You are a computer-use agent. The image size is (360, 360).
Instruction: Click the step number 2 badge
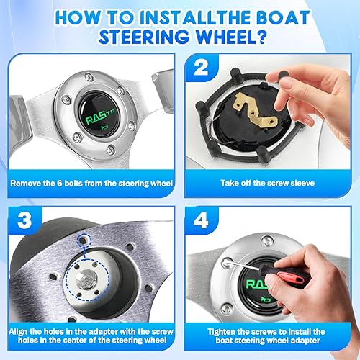click(201, 68)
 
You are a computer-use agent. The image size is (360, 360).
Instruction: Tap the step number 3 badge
click(24, 220)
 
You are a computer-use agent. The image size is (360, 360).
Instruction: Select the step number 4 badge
click(201, 220)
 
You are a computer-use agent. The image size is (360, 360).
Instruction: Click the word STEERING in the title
click(144, 37)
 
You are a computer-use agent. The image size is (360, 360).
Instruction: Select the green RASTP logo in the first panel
click(100, 117)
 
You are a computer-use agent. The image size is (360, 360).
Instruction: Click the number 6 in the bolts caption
click(60, 184)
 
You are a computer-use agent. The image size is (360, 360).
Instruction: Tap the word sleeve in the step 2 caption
click(302, 184)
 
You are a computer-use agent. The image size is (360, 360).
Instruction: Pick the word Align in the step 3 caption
click(19, 332)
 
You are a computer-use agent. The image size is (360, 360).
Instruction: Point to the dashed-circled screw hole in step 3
click(84, 240)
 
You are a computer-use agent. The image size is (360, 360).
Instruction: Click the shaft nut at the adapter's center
click(86, 279)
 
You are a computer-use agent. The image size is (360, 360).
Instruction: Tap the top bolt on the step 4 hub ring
click(267, 241)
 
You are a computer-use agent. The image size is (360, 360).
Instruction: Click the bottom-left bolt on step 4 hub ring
click(226, 308)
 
